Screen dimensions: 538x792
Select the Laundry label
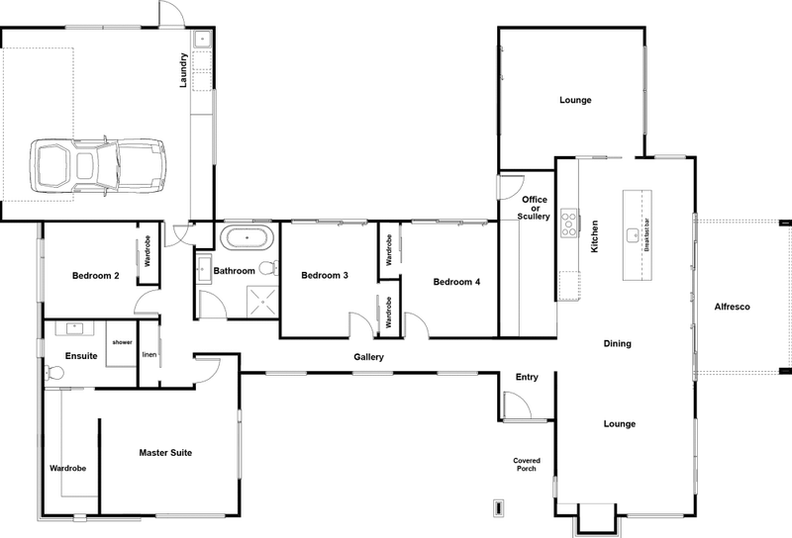tap(184, 70)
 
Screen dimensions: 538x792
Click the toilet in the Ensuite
tap(53, 374)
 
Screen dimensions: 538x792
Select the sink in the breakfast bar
tap(634, 235)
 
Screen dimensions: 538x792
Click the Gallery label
tap(368, 357)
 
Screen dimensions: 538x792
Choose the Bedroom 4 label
tap(456, 282)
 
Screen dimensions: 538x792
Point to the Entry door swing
tap(517, 405)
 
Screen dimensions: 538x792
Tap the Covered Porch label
tap(526, 466)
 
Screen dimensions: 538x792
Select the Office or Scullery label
tap(534, 208)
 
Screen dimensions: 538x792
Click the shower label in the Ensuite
tap(122, 342)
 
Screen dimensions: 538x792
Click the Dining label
tap(617, 343)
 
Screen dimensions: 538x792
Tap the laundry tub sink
tap(200, 42)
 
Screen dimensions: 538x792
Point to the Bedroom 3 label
tap(324, 275)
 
